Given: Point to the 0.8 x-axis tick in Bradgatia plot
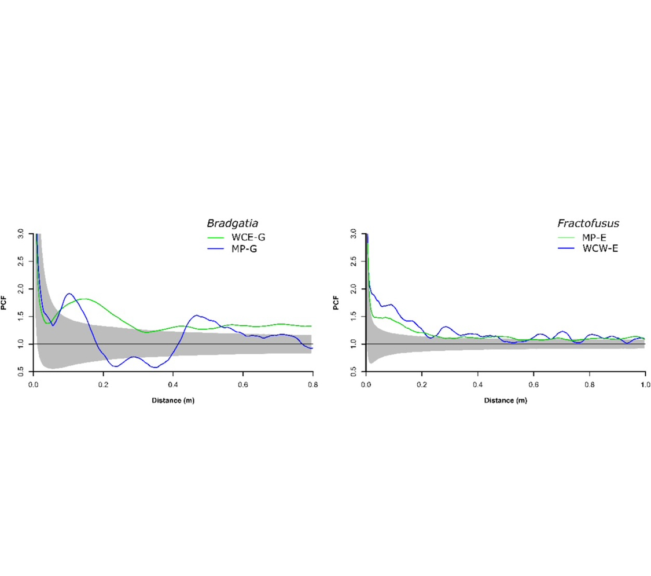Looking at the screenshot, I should point(312,384).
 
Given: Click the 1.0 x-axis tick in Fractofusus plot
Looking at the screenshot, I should point(645,384).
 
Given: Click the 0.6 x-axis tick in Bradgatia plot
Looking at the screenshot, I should point(242,384).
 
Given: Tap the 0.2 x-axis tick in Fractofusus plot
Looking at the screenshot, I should point(422,384).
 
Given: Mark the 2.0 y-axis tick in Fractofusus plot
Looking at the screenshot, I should point(355,288).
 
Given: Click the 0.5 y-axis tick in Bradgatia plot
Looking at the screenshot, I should point(22,372).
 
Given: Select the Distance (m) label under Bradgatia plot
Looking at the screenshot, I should point(172,401).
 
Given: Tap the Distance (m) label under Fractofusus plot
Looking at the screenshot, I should point(505,401).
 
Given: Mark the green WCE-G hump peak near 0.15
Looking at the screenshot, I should point(84,299).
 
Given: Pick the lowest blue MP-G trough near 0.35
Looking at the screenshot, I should point(155,368).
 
